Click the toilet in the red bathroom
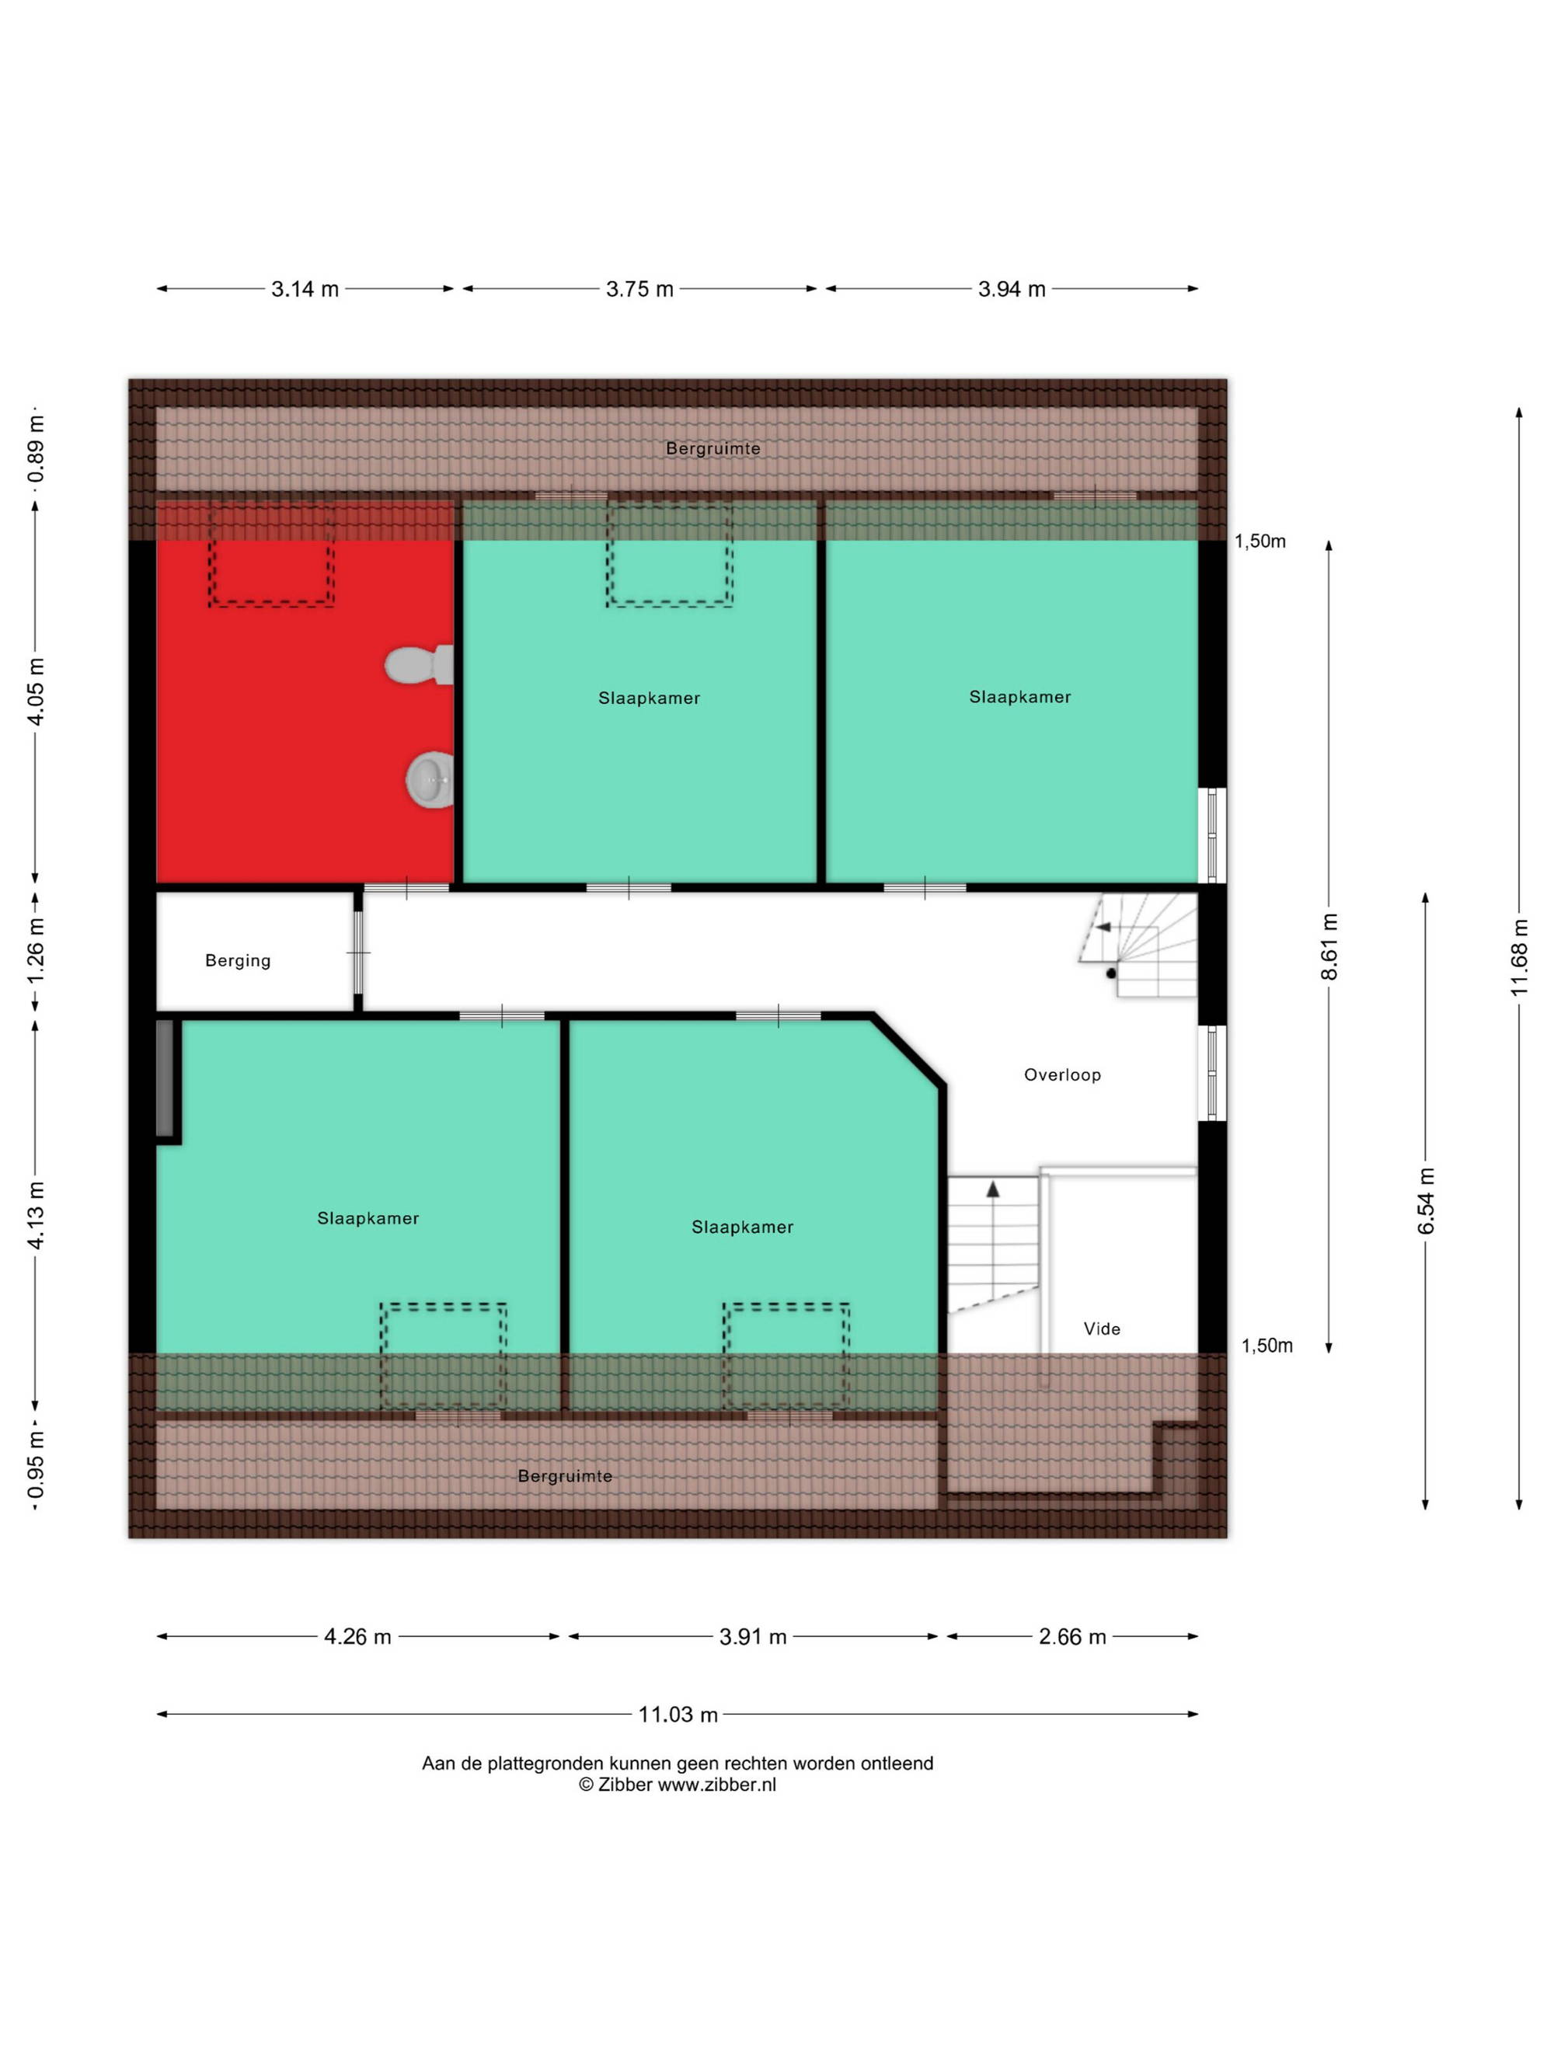pos(419,664)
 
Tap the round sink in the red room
pos(430,778)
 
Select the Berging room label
pos(238,960)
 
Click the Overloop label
pos(1062,1074)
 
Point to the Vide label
pos(1102,1329)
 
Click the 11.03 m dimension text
pos(678,1714)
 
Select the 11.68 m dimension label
pos(1518,956)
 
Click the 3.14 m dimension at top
pos(305,288)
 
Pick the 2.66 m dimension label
pos(1072,1636)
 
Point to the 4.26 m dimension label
pos(358,1636)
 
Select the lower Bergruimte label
pos(565,1475)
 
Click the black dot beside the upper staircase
pos(1111,973)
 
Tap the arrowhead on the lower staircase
pos(993,1189)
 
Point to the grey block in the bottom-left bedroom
pos(165,1078)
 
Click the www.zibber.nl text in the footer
pos(716,1785)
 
